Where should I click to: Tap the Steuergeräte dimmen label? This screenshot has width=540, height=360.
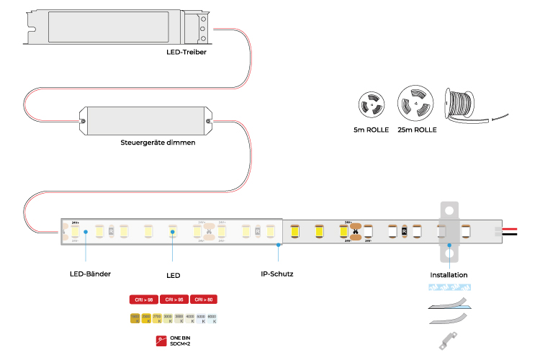point(158,143)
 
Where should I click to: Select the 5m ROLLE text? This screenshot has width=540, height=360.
point(372,130)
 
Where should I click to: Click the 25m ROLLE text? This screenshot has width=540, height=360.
point(417,130)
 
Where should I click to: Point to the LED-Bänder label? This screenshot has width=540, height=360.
point(90,274)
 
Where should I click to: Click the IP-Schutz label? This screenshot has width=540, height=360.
point(276,274)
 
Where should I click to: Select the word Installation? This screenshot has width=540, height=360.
point(449,274)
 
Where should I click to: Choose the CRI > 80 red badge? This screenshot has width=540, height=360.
point(204,299)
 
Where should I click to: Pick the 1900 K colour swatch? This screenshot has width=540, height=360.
point(135,318)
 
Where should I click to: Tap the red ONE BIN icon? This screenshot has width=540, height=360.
point(161,341)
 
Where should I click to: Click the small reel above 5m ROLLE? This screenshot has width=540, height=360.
point(372,105)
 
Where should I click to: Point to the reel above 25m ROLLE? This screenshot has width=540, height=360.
point(416,104)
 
